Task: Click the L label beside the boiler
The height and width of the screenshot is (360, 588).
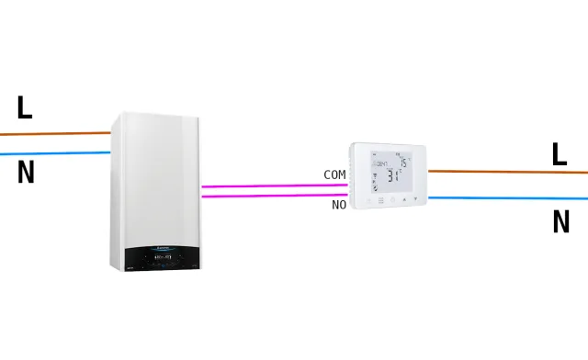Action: coord(24,108)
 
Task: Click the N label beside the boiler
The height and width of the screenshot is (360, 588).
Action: coord(26,173)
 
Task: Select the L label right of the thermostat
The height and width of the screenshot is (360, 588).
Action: coord(559,154)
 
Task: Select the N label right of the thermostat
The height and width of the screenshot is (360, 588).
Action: coord(560,222)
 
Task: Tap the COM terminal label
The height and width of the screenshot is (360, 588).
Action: coord(334,174)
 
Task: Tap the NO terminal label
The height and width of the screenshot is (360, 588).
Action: coord(339,205)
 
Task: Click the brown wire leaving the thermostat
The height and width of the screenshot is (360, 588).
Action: coord(505,171)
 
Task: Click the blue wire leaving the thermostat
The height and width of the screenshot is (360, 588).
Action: coord(505,197)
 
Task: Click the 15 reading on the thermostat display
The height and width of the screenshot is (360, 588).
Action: coord(404,162)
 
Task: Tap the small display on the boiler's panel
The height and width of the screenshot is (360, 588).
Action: coord(164,258)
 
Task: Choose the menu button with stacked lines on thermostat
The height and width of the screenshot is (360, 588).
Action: coord(380,198)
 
